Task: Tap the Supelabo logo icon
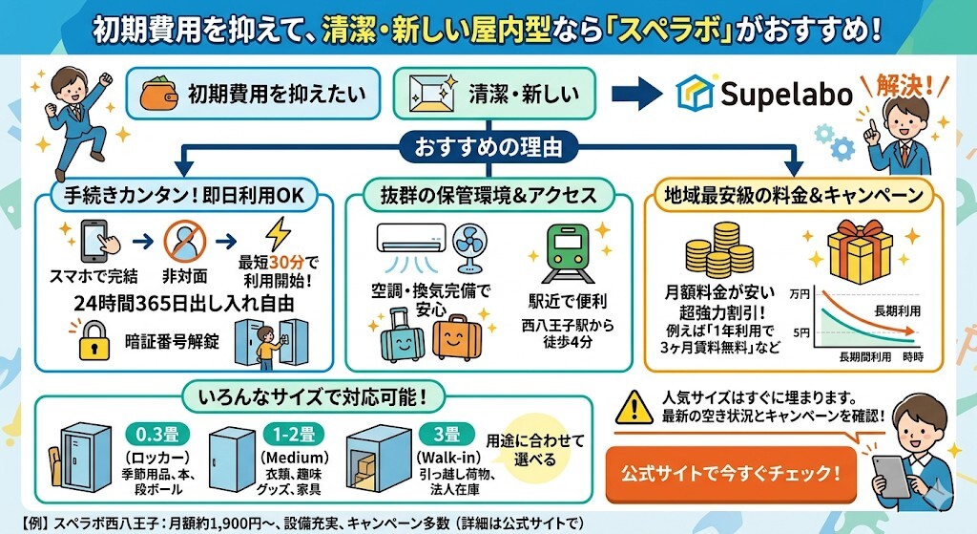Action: tap(696, 93)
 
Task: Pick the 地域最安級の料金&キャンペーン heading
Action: tap(800, 197)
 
